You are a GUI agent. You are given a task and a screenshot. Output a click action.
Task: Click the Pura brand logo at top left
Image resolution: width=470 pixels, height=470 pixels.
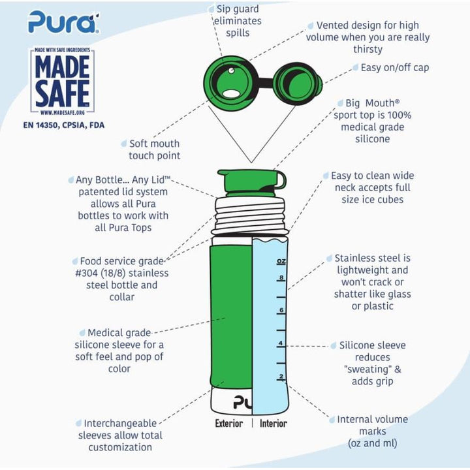point(63,21)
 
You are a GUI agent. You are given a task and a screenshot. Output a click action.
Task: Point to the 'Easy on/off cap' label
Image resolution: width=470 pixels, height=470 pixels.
point(395,67)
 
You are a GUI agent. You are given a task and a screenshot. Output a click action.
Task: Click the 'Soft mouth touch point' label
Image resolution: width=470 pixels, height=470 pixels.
point(154,149)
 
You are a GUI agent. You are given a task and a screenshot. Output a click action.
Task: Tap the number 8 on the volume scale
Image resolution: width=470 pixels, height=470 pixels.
point(281,277)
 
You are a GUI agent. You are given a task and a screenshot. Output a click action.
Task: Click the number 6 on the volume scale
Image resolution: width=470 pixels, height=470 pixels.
point(281,310)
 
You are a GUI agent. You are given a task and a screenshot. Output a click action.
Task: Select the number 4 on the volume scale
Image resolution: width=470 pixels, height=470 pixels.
point(281,343)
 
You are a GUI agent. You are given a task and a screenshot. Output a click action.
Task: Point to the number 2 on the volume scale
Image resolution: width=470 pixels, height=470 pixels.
point(281,377)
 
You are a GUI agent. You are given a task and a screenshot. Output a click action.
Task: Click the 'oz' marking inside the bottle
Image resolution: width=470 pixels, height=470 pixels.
point(281,261)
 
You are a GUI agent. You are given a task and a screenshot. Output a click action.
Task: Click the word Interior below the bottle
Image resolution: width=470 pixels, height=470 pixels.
point(273,423)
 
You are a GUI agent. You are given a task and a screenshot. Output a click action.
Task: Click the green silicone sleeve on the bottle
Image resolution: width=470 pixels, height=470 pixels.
point(230,313)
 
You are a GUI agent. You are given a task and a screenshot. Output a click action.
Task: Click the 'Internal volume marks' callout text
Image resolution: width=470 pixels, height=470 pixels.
point(372,431)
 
